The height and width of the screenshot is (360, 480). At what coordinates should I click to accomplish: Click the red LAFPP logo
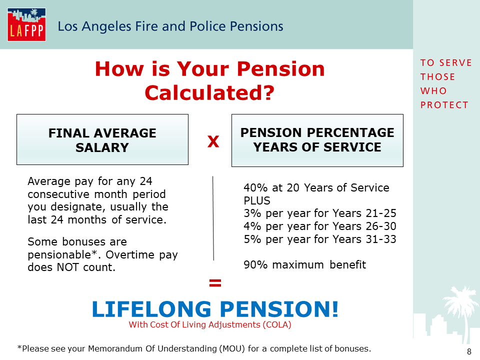tap(26, 24)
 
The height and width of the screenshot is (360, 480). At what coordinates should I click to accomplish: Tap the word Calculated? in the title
tap(209, 92)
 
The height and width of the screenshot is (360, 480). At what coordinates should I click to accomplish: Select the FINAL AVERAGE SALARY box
tap(102, 139)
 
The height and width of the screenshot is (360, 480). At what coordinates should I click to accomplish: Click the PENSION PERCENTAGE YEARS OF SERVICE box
tap(317, 140)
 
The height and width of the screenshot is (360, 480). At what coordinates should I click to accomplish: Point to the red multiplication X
tap(213, 141)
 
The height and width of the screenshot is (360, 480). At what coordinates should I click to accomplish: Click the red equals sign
tap(215, 282)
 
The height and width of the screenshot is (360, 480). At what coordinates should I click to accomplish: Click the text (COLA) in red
tap(277, 325)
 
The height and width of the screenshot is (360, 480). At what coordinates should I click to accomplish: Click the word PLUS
tap(257, 201)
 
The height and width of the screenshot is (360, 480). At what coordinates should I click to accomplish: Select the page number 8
tap(469, 351)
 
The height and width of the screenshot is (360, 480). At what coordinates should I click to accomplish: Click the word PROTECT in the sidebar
tap(444, 105)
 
